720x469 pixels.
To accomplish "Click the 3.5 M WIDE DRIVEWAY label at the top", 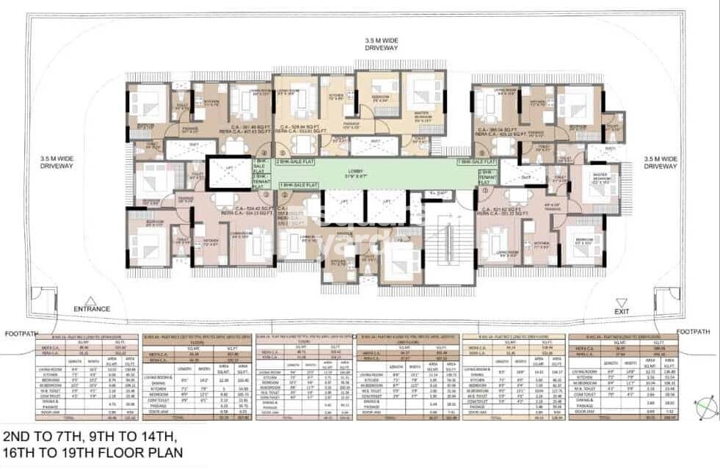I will (382, 43).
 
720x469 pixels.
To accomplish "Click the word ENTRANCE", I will (92, 310).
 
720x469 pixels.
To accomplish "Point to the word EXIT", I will (622, 311).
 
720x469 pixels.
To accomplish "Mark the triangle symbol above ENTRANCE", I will (90, 300).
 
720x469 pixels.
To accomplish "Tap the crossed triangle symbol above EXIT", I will (622, 301).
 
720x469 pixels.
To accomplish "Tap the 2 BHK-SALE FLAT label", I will (292, 161).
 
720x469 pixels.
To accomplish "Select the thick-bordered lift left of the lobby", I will (229, 173).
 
